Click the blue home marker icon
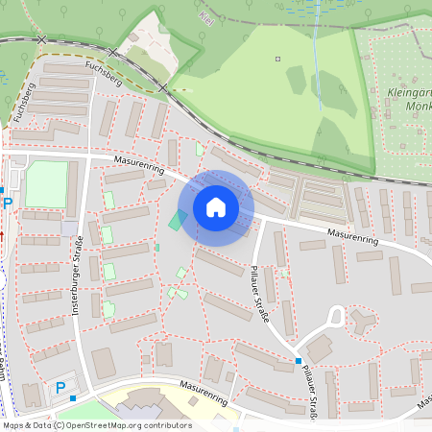tap(216, 206)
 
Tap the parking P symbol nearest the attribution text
tap(60, 388)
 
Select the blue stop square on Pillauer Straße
tap(298, 361)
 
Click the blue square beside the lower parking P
tap(73, 396)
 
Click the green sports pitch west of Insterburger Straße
tap(46, 183)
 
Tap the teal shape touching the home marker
tap(177, 220)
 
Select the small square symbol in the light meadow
tap(278, 60)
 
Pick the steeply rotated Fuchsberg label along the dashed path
tap(23, 102)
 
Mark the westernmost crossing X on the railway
tap(40, 39)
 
